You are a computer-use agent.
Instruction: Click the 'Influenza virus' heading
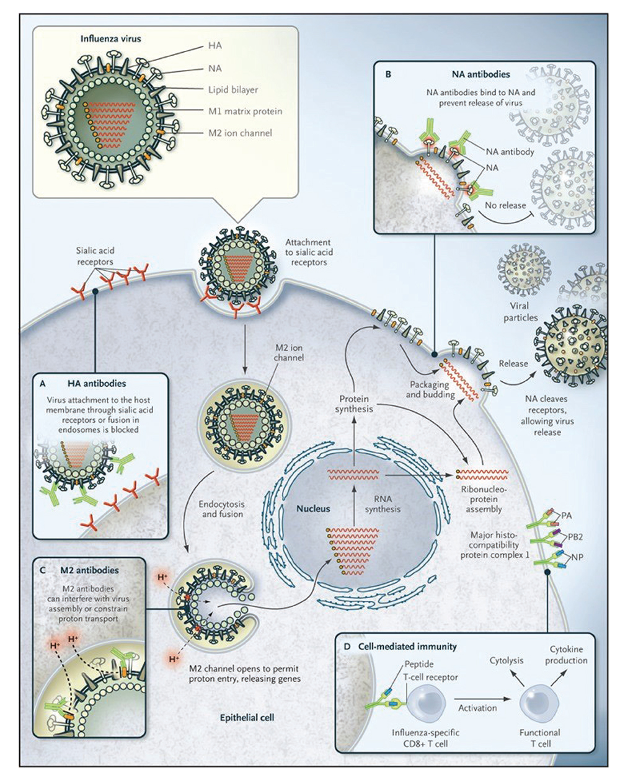click(111, 38)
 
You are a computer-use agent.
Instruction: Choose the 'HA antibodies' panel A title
click(100, 384)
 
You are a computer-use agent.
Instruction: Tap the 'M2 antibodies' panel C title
click(86, 570)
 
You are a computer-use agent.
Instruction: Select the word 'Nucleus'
click(313, 508)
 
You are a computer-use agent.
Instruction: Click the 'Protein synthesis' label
click(354, 404)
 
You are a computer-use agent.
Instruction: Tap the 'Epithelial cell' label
click(247, 718)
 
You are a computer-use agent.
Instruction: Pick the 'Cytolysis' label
click(507, 661)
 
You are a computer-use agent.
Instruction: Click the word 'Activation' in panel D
click(477, 707)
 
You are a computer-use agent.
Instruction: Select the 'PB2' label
click(569, 533)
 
